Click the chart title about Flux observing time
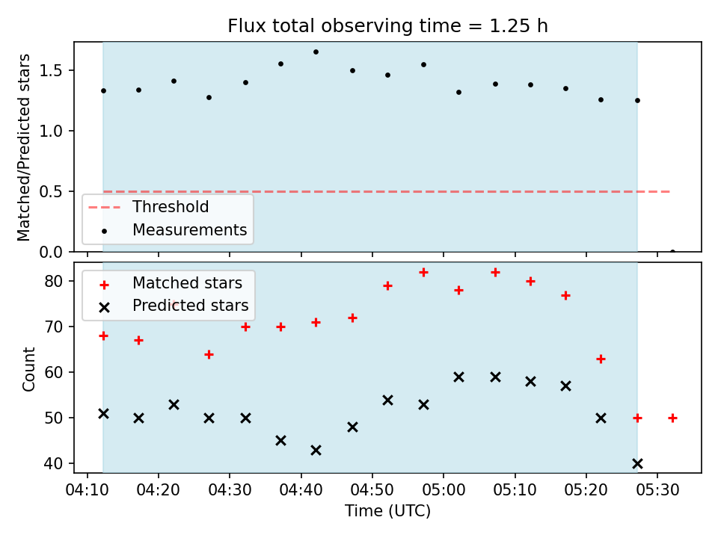point(387,25)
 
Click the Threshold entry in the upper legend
point(171,207)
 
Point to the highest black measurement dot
point(316,52)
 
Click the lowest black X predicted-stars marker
point(637,464)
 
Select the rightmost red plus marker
point(672,418)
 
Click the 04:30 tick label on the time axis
point(230,490)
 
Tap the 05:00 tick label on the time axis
point(444,490)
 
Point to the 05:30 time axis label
point(657,490)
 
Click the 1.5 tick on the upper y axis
point(51,70)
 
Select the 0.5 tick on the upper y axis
point(51,191)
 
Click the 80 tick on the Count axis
point(54,281)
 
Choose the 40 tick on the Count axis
point(54,463)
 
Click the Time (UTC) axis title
point(387,511)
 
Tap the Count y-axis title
point(28,368)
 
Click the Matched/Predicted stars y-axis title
point(24,147)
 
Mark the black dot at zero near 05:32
point(672,252)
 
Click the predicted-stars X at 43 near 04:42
point(316,450)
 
